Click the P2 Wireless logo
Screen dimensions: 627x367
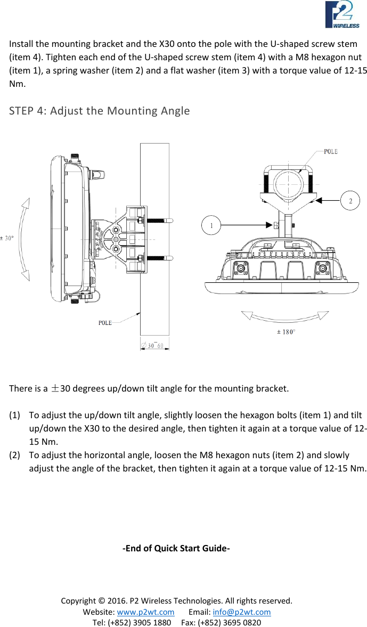342,14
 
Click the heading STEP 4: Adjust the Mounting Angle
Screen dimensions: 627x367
99,111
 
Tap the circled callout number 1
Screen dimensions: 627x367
212,225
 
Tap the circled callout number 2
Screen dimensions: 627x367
350,200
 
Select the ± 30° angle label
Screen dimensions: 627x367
7,238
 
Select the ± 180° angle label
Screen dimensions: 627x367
286,332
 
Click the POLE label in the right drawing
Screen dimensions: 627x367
330,151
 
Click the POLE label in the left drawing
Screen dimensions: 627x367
105,322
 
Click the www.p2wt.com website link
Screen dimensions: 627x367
145,612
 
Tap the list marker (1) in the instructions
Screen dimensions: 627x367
15,414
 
